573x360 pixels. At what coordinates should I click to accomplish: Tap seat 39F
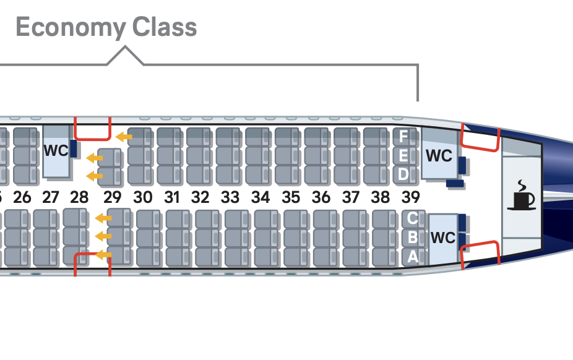click(403, 135)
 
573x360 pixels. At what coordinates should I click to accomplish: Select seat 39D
click(403, 174)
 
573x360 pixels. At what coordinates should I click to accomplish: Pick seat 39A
click(413, 257)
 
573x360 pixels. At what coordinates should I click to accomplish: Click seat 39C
click(413, 218)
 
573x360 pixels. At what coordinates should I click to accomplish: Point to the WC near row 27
click(56, 150)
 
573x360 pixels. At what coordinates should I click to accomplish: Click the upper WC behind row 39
click(439, 155)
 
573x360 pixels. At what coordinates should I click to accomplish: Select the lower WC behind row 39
click(442, 238)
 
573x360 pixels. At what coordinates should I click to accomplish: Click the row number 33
click(230, 198)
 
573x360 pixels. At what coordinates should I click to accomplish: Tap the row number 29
click(112, 198)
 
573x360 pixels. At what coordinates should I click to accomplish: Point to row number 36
click(321, 198)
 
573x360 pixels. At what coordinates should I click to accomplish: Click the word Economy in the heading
click(70, 28)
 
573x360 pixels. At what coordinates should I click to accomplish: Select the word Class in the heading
click(164, 28)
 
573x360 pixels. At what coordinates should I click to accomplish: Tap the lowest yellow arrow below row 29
click(103, 254)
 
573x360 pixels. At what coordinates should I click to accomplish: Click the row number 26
click(22, 198)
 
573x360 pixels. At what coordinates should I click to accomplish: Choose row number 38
click(381, 198)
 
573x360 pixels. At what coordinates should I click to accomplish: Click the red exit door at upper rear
click(480, 138)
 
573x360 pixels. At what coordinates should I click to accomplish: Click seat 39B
click(413, 238)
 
